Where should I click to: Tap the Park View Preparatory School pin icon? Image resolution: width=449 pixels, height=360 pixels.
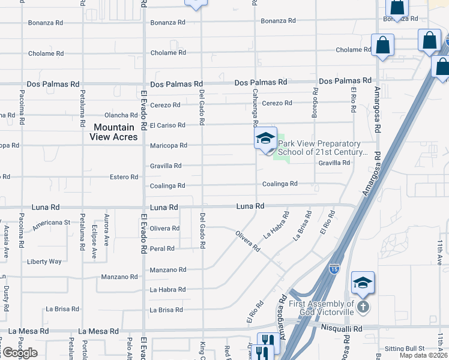click(x=265, y=139)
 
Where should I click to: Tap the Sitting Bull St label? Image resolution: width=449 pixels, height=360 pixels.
click(x=404, y=348)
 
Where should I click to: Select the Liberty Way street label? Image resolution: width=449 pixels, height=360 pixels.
click(x=44, y=262)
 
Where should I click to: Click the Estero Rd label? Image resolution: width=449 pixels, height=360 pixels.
click(x=124, y=177)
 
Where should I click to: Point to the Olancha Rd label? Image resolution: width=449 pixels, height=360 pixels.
click(x=121, y=115)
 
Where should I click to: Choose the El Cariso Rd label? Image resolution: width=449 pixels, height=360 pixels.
click(x=167, y=125)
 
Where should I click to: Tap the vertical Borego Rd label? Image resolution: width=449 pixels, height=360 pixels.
click(x=315, y=100)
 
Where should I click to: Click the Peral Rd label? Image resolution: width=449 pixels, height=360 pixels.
click(x=162, y=248)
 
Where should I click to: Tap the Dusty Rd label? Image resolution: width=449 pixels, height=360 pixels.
click(x=6, y=298)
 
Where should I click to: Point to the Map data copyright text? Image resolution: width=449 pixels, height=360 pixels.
click(x=424, y=355)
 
